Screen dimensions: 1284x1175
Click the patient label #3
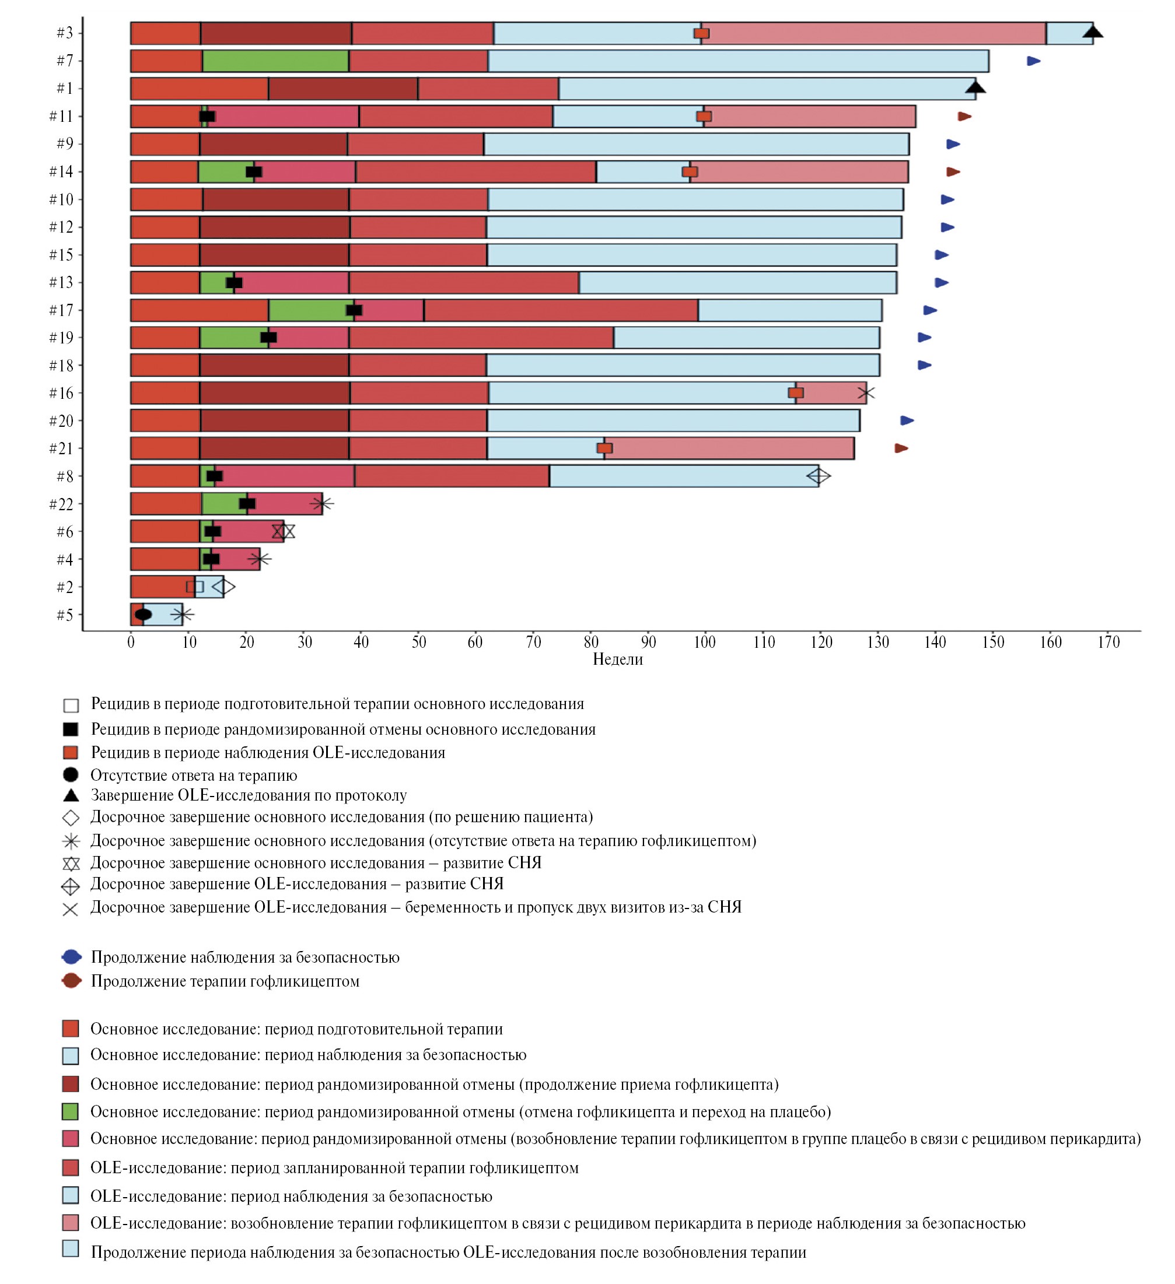point(64,33)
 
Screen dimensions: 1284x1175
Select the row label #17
point(61,310)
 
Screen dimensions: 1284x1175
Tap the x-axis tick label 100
point(704,642)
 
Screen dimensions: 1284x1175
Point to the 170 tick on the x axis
point(1108,642)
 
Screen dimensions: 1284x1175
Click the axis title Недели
point(617,659)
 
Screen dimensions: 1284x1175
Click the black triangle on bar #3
point(1093,32)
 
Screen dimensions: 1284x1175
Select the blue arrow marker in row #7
point(1034,61)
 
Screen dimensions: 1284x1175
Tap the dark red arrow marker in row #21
point(901,448)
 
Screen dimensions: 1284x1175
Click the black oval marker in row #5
point(144,615)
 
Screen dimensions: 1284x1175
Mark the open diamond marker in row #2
point(223,587)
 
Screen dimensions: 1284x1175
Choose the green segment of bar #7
point(275,61)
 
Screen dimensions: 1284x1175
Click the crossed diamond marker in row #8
point(818,476)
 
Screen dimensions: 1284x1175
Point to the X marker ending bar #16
point(866,393)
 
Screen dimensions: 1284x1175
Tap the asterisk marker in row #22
point(322,504)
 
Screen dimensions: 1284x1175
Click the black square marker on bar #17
point(354,310)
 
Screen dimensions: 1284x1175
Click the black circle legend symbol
point(71,775)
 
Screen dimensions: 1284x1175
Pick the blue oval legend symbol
point(71,957)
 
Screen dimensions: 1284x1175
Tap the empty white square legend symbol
point(71,705)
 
